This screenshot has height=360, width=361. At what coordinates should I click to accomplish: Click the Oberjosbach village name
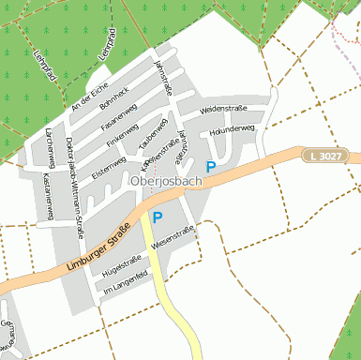[x=165, y=181]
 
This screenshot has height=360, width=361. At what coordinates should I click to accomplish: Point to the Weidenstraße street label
[x=224, y=111]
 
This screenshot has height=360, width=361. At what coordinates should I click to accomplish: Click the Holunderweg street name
[x=233, y=128]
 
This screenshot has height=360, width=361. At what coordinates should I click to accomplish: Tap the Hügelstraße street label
[x=122, y=266]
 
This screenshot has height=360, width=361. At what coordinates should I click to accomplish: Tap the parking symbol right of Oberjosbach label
[x=212, y=168]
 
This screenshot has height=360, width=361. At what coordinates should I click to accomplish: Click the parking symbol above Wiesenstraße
[x=158, y=217]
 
